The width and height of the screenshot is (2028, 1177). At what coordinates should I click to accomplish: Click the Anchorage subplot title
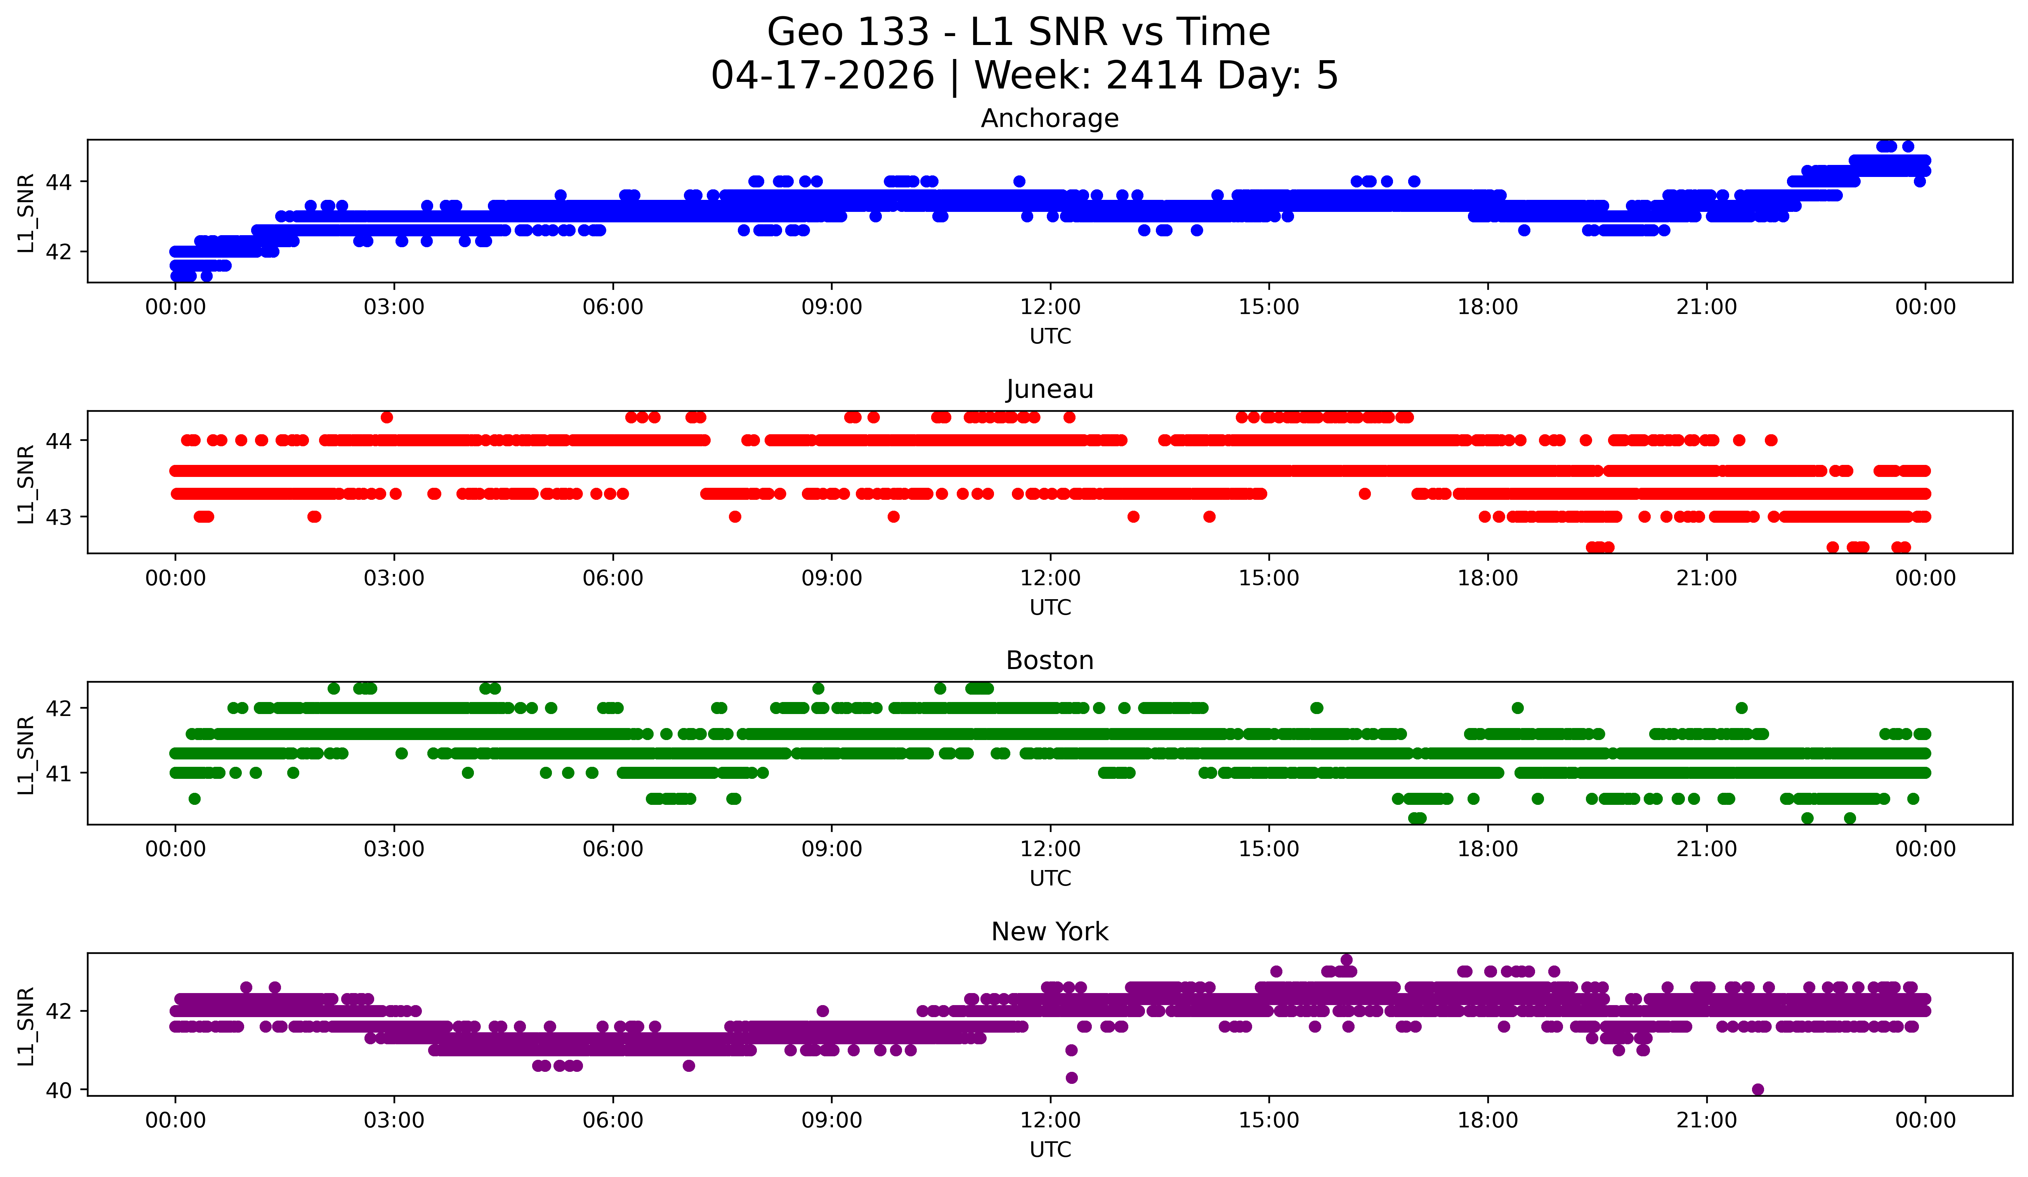pos(1050,118)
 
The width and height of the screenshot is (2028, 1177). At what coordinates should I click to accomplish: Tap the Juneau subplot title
pos(1050,389)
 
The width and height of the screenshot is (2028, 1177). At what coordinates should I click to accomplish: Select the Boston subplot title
pos(1050,660)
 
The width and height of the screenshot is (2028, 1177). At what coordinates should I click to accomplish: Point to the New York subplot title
pos(1050,932)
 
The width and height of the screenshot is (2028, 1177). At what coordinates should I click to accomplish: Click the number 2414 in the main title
pos(1154,76)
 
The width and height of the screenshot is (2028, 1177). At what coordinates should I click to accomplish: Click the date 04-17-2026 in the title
pos(822,76)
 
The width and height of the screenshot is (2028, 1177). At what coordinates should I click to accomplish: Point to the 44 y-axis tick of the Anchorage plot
pos(59,182)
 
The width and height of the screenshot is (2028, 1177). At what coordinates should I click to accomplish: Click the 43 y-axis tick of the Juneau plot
pos(59,517)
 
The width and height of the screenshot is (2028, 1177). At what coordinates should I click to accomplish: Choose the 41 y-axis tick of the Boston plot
pos(59,773)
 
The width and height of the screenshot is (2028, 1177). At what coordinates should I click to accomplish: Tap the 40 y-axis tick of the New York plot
pos(59,1090)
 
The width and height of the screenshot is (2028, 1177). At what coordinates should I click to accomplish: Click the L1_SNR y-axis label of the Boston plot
pos(26,755)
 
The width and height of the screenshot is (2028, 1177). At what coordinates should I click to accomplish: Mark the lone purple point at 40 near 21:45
pos(1757,1089)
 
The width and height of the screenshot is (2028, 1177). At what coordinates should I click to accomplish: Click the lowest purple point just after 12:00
pos(1071,1077)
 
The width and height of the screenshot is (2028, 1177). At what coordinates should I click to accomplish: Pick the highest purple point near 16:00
pos(1346,960)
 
